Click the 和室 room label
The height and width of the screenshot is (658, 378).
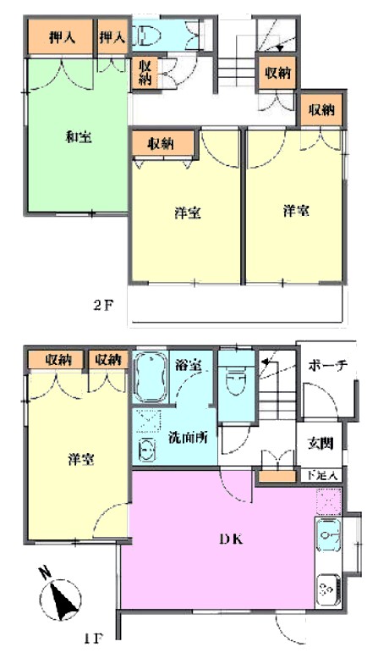pyautogui.click(x=79, y=137)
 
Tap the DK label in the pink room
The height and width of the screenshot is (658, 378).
pyautogui.click(x=231, y=539)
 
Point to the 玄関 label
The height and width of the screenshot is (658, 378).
pyautogui.click(x=320, y=443)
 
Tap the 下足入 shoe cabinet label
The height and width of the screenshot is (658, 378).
pyautogui.click(x=322, y=475)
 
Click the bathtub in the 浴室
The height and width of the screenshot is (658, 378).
pyautogui.click(x=150, y=377)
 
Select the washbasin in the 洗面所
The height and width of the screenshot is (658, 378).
pyautogui.click(x=146, y=450)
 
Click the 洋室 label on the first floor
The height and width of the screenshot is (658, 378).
pyautogui.click(x=81, y=460)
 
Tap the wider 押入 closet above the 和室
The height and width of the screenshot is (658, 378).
pyautogui.click(x=61, y=37)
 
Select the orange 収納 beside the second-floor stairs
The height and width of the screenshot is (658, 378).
pyautogui.click(x=277, y=73)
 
